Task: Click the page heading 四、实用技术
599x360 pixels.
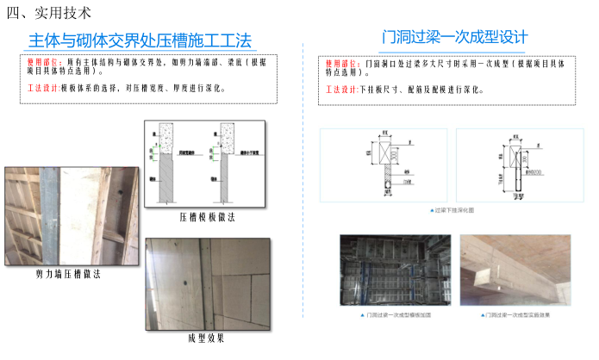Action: click(48, 13)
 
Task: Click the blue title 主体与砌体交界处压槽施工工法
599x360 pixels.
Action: click(140, 40)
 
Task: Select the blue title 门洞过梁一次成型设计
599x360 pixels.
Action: click(454, 37)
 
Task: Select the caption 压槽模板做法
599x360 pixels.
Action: click(207, 217)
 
